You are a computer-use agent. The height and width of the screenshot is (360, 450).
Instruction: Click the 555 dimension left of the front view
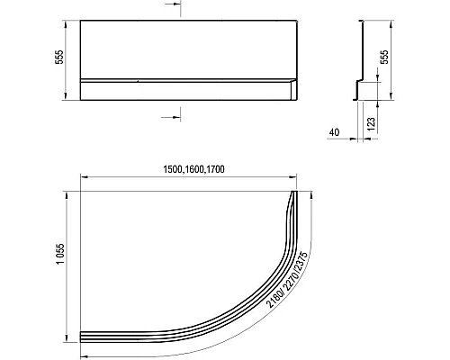tap(59, 57)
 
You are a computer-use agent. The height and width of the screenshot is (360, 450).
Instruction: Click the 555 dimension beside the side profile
tap(384, 57)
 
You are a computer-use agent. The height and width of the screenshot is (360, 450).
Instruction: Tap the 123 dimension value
tap(371, 124)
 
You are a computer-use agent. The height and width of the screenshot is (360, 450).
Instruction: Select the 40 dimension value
tap(334, 132)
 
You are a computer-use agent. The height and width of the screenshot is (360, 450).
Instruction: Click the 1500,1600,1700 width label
tap(193, 169)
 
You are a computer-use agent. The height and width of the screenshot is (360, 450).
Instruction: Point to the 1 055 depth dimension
tap(60, 254)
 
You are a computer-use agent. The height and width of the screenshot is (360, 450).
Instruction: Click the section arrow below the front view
tap(171, 117)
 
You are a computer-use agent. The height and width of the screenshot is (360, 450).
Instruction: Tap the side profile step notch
tap(359, 81)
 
